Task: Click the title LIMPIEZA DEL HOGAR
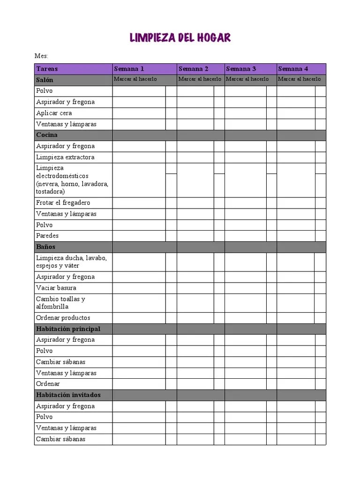pos(180,38)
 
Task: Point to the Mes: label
pos(41,56)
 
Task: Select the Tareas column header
pos(47,69)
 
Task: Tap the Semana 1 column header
pos(129,69)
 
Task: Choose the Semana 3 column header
pos(241,69)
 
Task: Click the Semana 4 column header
pos(293,69)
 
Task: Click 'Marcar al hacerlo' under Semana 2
pos(200,79)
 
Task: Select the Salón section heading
pos(45,80)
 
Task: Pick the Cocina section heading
pos(47,135)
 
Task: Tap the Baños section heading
pos(45,247)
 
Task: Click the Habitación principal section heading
pos(68,329)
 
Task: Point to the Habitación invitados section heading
pos(68,395)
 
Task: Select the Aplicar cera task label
pos(54,113)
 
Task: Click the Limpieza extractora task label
pos(65,157)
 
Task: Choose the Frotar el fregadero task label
pos(63,202)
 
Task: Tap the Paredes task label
pos(47,236)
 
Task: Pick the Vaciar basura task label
pos(56,288)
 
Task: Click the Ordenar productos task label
pos(63,318)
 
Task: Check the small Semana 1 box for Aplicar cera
pos(171,113)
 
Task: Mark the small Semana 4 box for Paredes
pos(321,236)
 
